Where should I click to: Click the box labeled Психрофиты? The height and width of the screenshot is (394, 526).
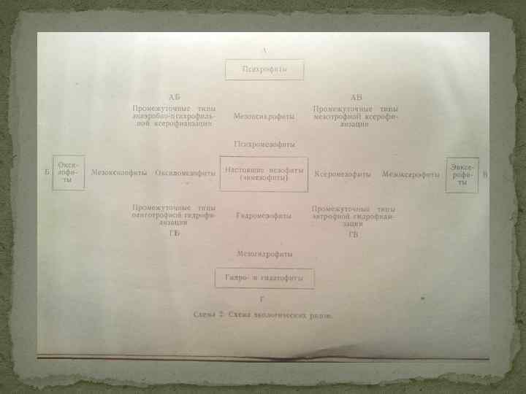point(264,69)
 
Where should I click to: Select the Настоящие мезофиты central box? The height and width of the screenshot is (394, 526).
point(263,174)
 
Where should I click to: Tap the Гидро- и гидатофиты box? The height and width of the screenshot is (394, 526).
point(264,278)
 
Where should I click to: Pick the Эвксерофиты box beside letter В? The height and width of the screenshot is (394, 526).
point(463,174)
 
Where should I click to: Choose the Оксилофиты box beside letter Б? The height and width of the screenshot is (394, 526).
point(68,173)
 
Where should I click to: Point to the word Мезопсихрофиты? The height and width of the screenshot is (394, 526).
point(264,116)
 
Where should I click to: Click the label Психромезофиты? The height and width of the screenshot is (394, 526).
point(264,144)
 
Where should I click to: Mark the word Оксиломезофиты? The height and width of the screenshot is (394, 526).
point(186,174)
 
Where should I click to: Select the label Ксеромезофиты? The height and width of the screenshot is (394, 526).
point(342,174)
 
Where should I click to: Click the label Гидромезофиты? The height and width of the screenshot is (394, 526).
point(264,215)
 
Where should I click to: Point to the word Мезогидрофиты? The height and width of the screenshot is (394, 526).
point(264,254)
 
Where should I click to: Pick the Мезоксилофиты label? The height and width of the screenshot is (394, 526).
point(120,174)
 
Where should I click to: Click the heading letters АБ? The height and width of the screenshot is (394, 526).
point(174,97)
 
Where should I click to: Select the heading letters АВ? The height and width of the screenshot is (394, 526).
point(356,97)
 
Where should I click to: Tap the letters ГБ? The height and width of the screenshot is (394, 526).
point(174,233)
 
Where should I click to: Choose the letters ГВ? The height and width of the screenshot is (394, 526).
point(354,234)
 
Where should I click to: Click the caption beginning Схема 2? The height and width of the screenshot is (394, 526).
point(263,315)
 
